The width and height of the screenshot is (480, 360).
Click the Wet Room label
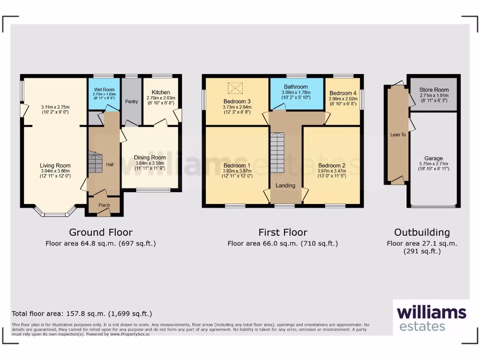tap(105, 90)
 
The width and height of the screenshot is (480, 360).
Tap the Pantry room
tap(131, 101)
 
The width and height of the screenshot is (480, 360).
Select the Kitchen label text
tap(161, 92)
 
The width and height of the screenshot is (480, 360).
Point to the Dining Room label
tap(150, 157)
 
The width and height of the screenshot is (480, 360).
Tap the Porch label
tap(104, 205)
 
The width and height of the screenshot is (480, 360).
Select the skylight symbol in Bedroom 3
tap(235, 88)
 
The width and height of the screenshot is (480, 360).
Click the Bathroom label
tap(296, 87)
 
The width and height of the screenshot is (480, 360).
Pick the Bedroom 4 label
tap(343, 93)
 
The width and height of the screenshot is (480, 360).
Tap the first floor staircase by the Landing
tap(277, 152)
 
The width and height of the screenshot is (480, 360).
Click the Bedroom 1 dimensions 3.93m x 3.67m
tap(237, 171)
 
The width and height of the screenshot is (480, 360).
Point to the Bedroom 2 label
tap(331, 165)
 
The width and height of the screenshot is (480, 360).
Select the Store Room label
tap(434, 90)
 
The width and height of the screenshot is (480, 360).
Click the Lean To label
tap(398, 135)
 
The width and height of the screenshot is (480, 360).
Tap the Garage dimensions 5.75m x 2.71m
tap(434, 164)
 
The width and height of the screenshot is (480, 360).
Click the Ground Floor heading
tap(101, 232)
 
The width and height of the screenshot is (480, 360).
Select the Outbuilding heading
tap(422, 232)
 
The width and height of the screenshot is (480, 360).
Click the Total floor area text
tap(82, 314)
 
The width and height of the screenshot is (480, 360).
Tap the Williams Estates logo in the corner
tap(431, 318)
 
